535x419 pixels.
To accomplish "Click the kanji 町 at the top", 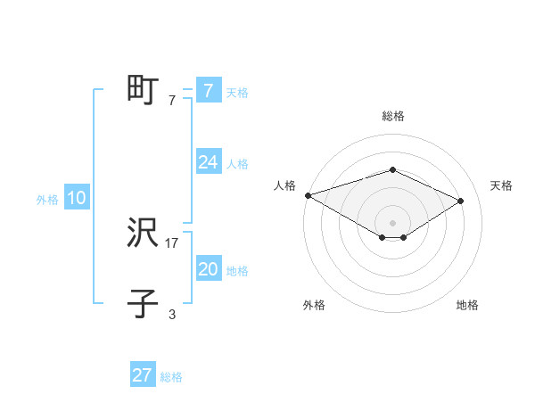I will [143, 90].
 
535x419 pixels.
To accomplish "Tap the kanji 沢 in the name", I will [143, 234].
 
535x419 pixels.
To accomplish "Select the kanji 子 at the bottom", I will [143, 304].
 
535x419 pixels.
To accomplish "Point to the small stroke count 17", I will [172, 242].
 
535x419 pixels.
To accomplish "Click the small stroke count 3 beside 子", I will [172, 314].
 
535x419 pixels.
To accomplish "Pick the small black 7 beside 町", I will [172, 101].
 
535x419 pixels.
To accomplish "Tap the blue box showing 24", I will [208, 162].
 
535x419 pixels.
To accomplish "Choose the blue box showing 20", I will [208, 269].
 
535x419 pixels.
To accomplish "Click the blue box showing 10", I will [77, 199].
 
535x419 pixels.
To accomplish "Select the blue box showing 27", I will [143, 375].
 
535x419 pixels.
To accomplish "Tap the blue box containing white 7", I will [208, 90].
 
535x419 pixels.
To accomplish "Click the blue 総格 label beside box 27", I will [171, 377].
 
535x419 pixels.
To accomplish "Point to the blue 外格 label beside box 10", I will [47, 201].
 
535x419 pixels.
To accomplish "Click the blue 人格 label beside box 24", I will [237, 164].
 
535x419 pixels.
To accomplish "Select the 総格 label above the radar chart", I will [393, 116].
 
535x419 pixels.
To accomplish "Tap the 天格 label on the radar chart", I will [502, 185].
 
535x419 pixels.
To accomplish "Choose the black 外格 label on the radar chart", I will [314, 305].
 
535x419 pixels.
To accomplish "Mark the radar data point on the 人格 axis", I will [308, 195].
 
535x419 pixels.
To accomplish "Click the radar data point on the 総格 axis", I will [393, 169].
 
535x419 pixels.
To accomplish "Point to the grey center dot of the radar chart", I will [393, 222].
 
